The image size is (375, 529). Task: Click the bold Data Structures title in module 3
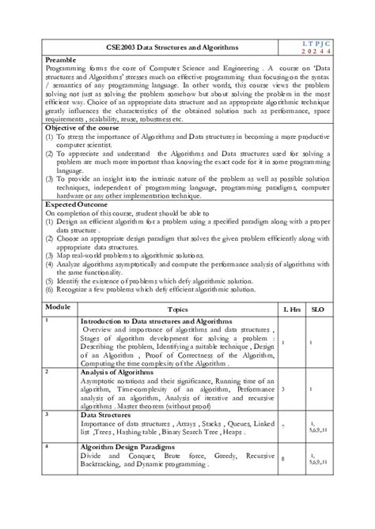point(108,414)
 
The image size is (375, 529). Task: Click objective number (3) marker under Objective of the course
point(49,178)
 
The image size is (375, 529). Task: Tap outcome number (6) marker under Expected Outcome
point(49,291)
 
